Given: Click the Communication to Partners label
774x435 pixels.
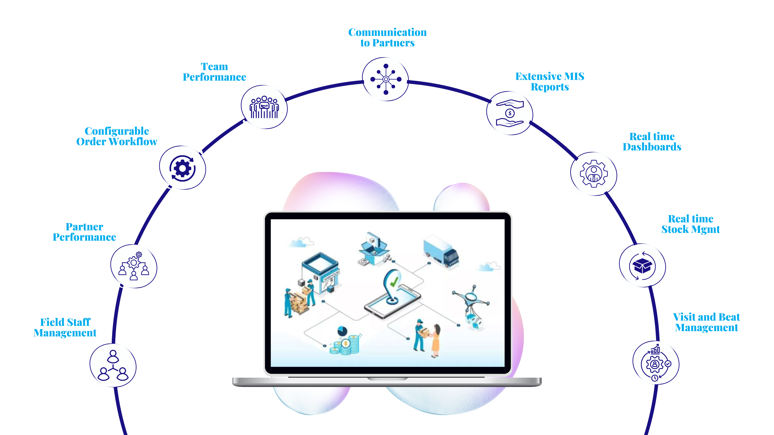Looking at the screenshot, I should click(387, 38).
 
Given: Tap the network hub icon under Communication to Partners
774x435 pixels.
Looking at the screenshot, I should click(386, 79).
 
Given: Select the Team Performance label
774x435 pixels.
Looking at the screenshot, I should click(214, 72).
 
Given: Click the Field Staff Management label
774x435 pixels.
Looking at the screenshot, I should click(65, 328).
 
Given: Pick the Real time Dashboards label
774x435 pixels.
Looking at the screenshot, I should click(652, 142).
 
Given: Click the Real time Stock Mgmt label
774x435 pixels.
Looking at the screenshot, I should click(690, 224).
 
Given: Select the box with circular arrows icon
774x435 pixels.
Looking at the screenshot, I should click(642, 266).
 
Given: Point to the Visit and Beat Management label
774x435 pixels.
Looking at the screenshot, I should click(706, 322).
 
